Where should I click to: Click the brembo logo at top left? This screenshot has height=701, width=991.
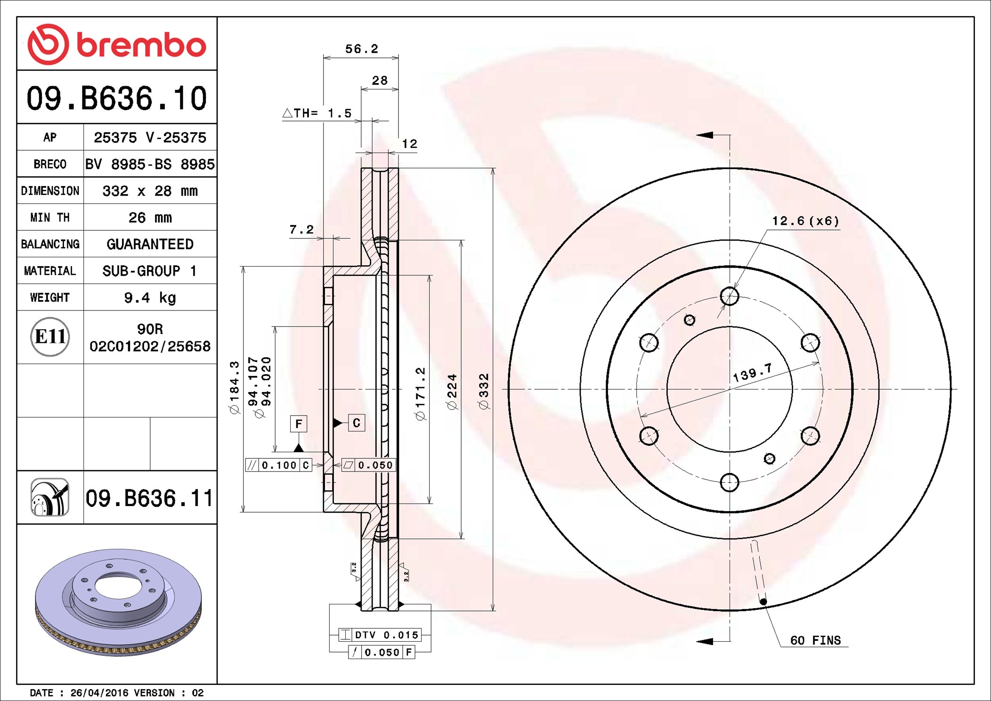117,44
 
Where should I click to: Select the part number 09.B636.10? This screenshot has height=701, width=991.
117,98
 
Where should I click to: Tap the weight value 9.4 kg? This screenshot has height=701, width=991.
150,298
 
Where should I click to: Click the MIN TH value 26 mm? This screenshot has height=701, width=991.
150,218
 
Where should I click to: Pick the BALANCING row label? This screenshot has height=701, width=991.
50,244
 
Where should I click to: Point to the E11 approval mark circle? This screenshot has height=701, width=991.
50,337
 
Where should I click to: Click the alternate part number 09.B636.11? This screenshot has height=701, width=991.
149,498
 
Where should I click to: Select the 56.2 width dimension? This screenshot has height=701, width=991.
361,49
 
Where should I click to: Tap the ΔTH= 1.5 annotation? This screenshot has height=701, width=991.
317,113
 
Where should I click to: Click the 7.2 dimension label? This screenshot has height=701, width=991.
301,229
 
